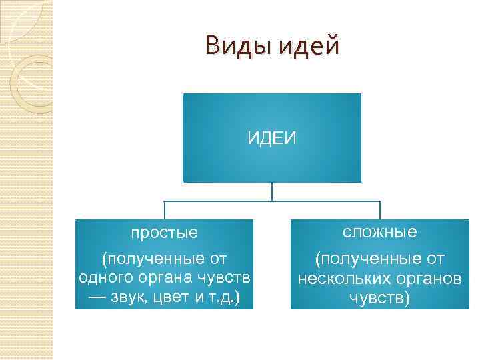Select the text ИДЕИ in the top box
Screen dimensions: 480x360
point(272,138)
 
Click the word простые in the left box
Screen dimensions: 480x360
point(164,233)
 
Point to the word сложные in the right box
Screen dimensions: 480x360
point(380,232)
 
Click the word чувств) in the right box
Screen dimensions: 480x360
point(379,298)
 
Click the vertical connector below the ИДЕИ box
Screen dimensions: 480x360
point(272,191)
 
